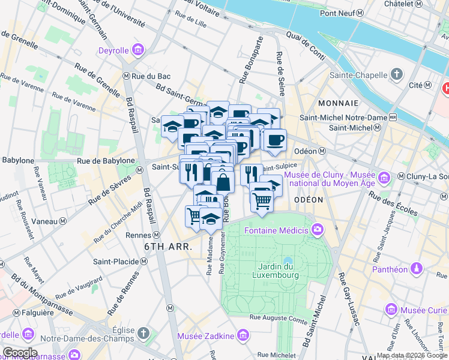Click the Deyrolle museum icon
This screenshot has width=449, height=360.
[137, 49]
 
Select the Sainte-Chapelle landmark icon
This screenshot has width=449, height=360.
[396, 74]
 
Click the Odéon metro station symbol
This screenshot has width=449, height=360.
[322, 151]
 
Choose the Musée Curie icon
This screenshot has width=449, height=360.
[391, 309]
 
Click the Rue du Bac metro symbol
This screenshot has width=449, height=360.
[126, 76]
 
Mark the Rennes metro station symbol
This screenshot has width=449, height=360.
[156, 235]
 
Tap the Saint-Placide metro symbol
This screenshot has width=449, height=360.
[143, 262]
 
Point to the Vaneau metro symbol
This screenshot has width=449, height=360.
[62, 220]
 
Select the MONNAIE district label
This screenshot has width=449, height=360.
[338, 103]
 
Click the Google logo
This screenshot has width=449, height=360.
[19, 352]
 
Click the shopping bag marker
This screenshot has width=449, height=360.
[223, 181]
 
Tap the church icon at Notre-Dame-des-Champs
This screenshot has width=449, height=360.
[143, 332]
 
